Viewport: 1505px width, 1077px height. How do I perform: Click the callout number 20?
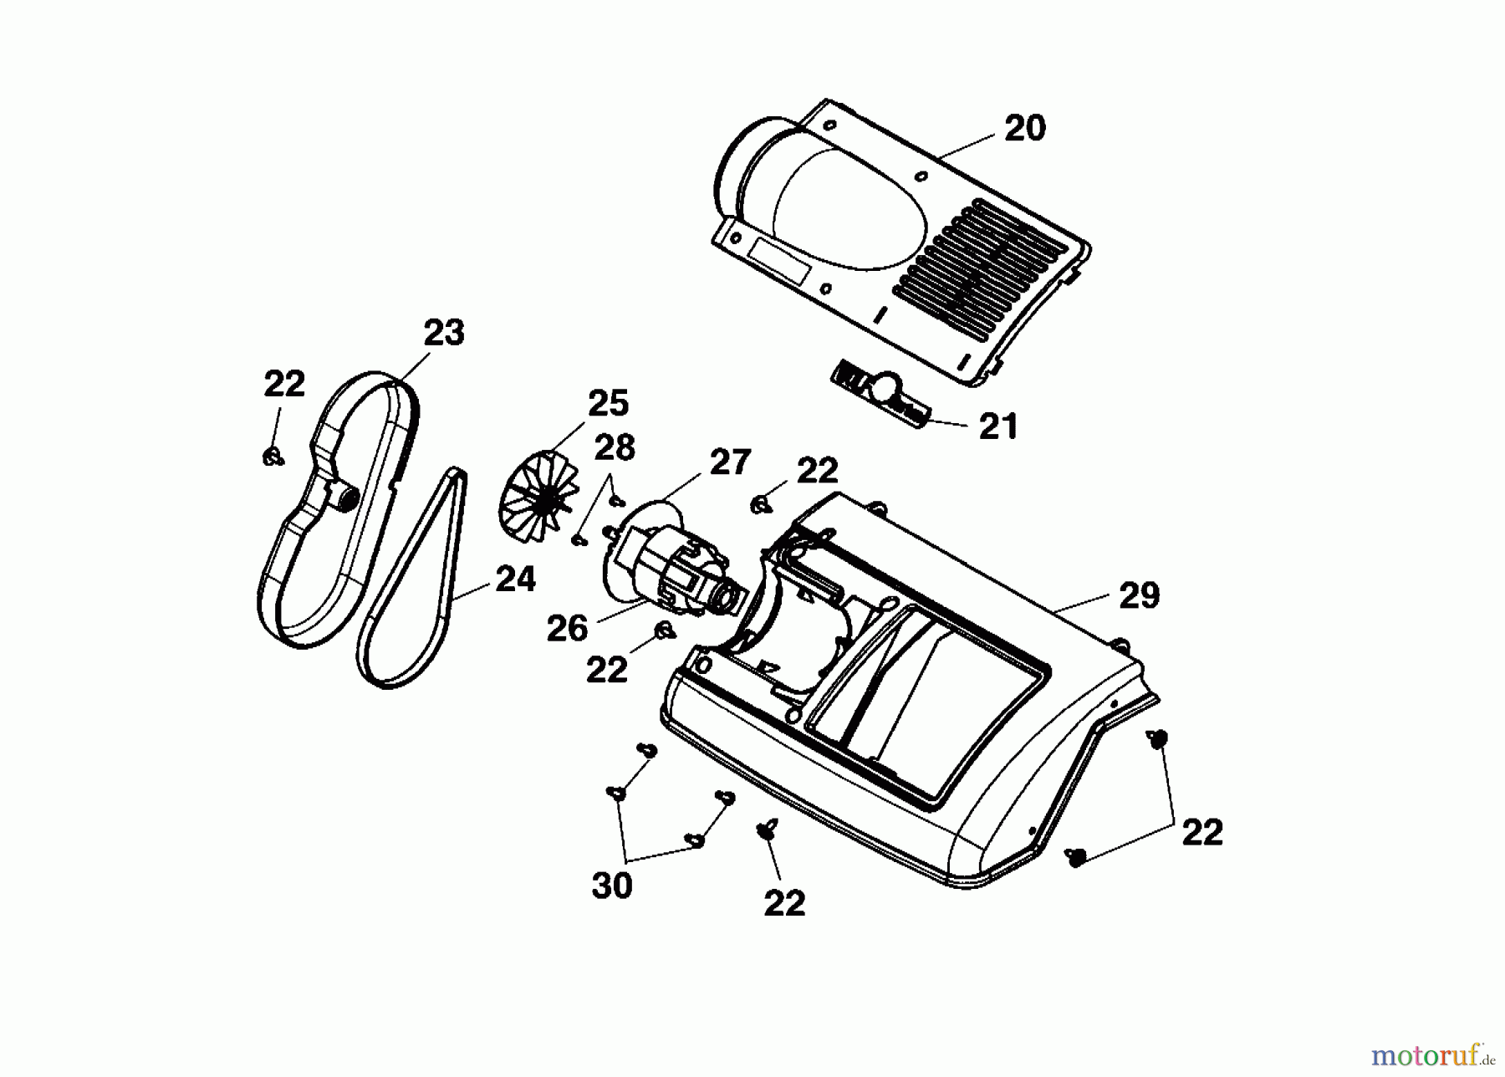point(1024,129)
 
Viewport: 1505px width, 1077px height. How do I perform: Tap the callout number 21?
point(998,426)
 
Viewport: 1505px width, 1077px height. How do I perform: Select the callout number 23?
point(443,333)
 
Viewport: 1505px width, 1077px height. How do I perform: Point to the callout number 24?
point(515,579)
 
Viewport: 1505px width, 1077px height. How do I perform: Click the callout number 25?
point(608,403)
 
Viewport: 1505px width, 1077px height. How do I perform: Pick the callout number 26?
point(567,629)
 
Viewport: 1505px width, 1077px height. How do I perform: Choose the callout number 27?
point(730,462)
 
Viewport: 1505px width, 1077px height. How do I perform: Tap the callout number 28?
point(615,448)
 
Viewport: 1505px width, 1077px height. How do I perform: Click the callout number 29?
point(1139,595)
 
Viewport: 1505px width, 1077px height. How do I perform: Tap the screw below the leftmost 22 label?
point(272,457)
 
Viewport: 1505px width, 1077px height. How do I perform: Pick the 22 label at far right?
point(1202,832)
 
